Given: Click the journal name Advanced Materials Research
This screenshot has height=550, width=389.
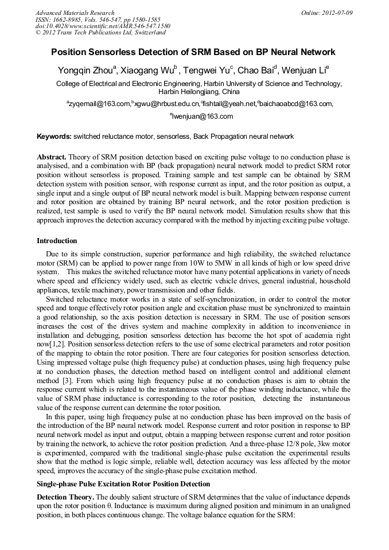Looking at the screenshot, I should (75, 13).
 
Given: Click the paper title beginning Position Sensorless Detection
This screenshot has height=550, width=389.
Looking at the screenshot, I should (193, 52).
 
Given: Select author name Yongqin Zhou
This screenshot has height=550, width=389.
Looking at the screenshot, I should (85, 71).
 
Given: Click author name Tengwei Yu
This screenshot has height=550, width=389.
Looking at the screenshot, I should (207, 71).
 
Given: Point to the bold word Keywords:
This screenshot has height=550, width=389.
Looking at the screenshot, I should (55, 137).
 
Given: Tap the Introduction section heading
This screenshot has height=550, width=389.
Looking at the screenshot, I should (57, 241).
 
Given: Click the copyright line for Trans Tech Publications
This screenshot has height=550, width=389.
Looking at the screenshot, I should (100, 33).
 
